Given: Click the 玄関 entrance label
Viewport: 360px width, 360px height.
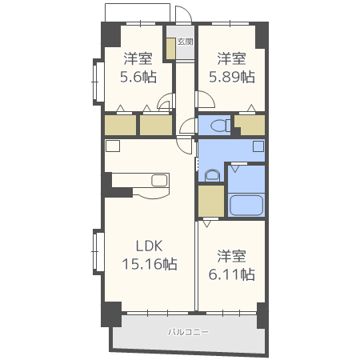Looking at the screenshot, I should click(x=185, y=41).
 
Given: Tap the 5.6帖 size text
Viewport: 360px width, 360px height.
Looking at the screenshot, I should click(x=138, y=77).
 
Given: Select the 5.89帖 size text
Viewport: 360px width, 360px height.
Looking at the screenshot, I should click(x=232, y=77).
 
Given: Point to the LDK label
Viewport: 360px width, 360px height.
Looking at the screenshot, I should click(x=149, y=246).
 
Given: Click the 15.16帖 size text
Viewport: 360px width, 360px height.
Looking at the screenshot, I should click(x=149, y=263).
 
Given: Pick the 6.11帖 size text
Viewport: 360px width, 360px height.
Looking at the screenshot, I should click(x=232, y=274).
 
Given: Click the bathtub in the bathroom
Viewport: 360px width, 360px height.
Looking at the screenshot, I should click(x=246, y=205).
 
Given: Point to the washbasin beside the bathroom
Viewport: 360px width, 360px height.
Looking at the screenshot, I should click(x=212, y=175).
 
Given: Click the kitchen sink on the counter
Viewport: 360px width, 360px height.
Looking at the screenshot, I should click(x=157, y=180).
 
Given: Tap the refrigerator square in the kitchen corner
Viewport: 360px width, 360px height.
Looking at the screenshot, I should click(x=112, y=146).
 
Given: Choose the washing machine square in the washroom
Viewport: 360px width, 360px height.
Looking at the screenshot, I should click(x=258, y=146).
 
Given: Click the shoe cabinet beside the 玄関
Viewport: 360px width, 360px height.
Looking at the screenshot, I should click(x=170, y=47).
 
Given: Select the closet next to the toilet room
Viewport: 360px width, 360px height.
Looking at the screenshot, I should click(x=250, y=125).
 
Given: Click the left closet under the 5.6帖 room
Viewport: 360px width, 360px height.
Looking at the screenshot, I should click(x=120, y=125).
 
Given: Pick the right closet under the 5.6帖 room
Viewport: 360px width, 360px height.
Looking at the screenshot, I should click(x=155, y=125).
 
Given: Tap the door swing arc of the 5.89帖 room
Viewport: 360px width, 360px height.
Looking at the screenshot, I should click(x=204, y=99).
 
